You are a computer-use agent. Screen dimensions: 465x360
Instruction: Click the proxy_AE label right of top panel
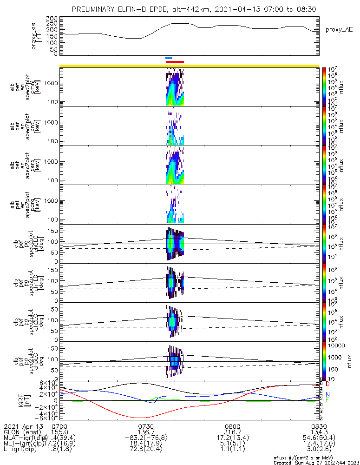(x=339, y=29)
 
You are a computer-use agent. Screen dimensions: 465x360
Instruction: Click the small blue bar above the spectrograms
(x=169, y=58)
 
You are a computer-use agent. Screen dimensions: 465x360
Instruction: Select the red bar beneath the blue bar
(x=175, y=61)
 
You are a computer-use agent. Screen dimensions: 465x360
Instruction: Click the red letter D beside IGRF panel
(x=327, y=385)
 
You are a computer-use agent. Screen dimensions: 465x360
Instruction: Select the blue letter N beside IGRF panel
(x=327, y=394)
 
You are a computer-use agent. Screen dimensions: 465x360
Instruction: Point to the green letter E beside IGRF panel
(x=327, y=400)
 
